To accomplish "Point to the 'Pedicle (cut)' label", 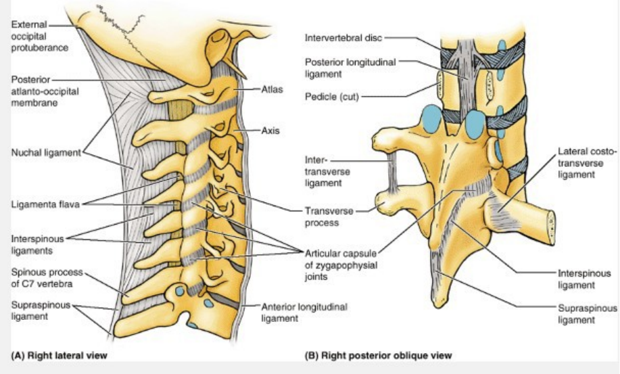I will pos(331,97).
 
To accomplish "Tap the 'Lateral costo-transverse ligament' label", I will pos(587,163).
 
